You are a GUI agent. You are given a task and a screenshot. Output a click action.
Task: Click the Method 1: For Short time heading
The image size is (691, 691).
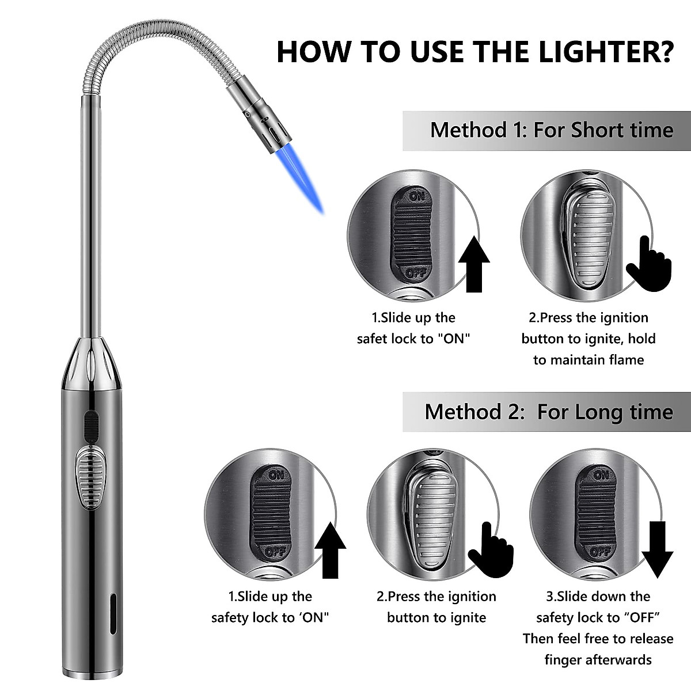coord(551,130)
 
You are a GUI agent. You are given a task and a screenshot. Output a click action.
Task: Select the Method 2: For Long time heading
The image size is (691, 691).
coord(548,412)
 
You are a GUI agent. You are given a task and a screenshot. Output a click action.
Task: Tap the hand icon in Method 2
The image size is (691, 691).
coord(490,549)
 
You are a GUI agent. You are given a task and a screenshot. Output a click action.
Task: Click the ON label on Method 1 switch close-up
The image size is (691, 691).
coord(417,196)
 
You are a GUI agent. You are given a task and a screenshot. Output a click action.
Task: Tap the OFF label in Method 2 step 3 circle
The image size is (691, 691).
coord(600,551)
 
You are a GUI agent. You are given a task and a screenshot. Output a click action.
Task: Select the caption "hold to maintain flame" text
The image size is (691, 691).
coord(588,350)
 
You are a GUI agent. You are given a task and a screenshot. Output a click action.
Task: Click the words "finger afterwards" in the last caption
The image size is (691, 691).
coord(598,660)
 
